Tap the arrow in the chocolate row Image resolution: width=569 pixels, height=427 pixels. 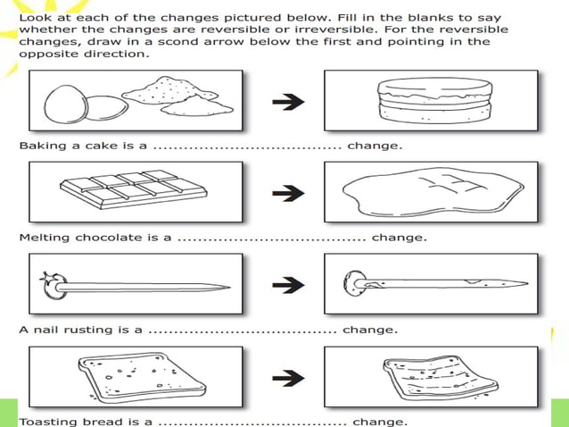(284, 191)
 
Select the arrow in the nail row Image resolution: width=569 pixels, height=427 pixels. (284, 285)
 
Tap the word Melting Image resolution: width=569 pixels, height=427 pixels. (45, 238)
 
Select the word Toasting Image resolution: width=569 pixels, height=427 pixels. (49, 422)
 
